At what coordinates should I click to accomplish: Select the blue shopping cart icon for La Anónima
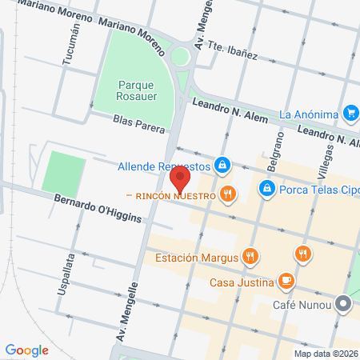(x=349, y=114)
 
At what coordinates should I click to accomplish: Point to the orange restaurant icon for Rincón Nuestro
(x=229, y=194)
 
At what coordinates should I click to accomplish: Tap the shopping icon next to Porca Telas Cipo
(x=266, y=189)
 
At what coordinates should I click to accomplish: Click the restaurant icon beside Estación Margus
(x=250, y=257)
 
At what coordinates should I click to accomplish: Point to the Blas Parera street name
(x=139, y=123)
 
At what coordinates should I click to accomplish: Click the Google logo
(x=27, y=350)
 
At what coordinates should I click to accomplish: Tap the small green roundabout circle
(x=182, y=56)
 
